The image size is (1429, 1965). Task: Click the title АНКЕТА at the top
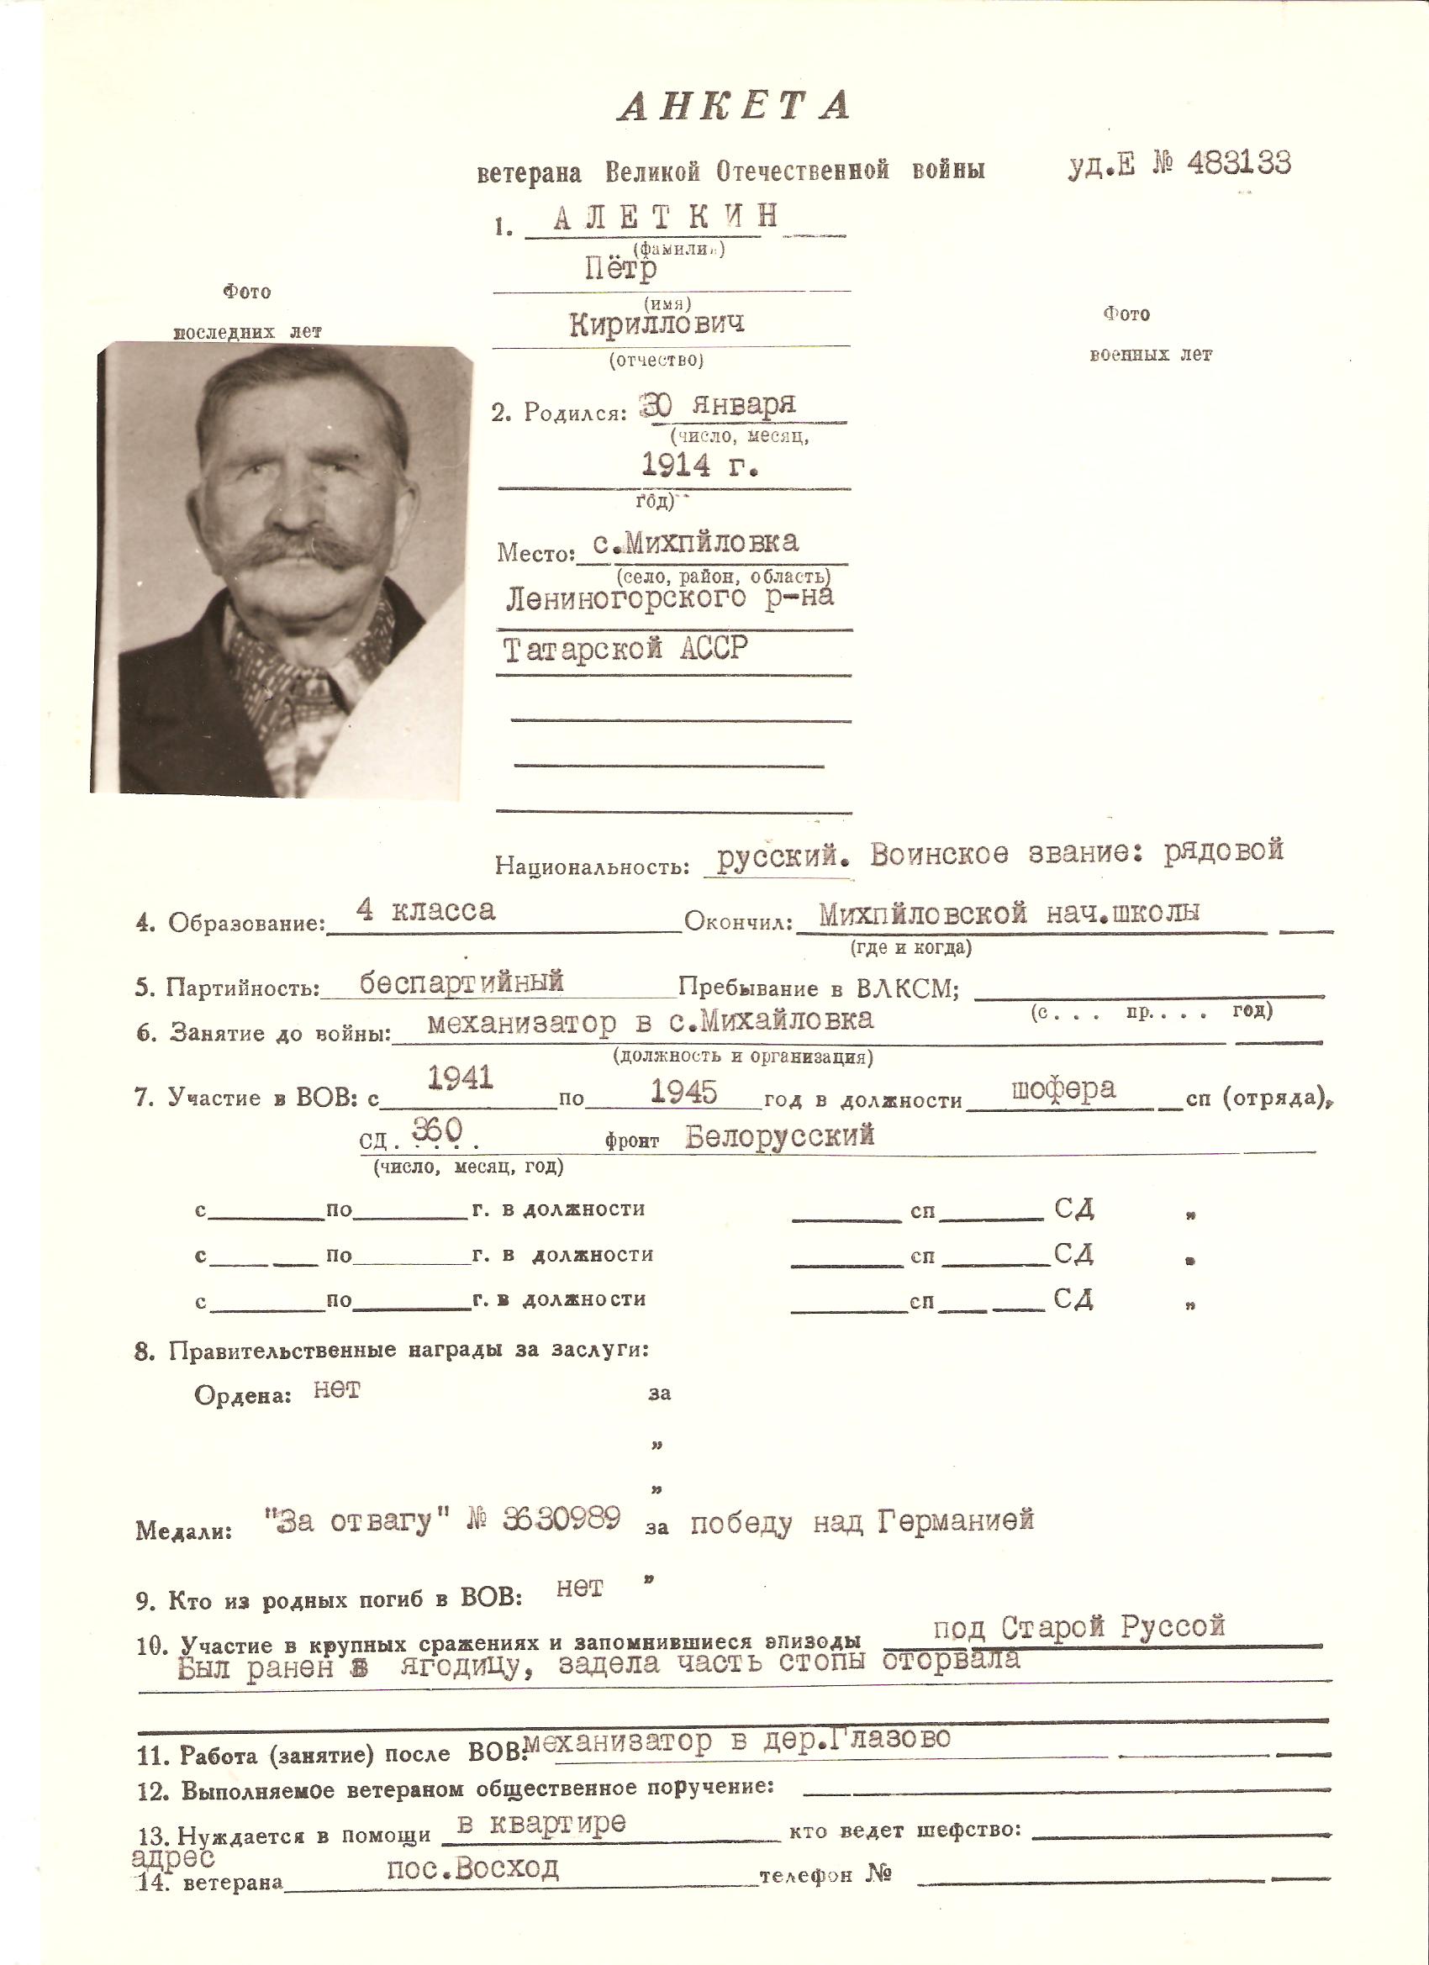(x=734, y=106)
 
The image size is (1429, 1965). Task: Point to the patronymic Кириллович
(x=656, y=324)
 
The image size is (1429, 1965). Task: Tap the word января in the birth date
(x=743, y=404)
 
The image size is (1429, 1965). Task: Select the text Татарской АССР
(x=625, y=649)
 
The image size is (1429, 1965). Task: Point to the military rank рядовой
(x=1223, y=851)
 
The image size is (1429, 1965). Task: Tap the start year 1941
(x=461, y=1077)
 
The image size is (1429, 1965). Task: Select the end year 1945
(x=683, y=1092)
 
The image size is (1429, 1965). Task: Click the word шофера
(x=1063, y=1088)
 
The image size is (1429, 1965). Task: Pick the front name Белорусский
(x=779, y=1135)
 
